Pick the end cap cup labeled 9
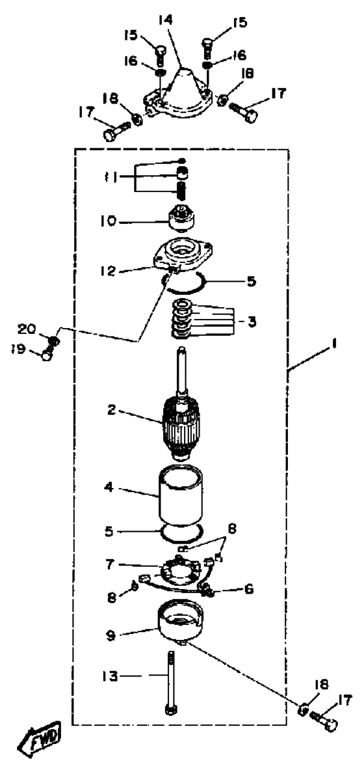(180, 621)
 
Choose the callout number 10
(111, 221)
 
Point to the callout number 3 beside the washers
(252, 322)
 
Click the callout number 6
(249, 588)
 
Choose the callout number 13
(110, 676)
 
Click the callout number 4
(109, 489)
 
